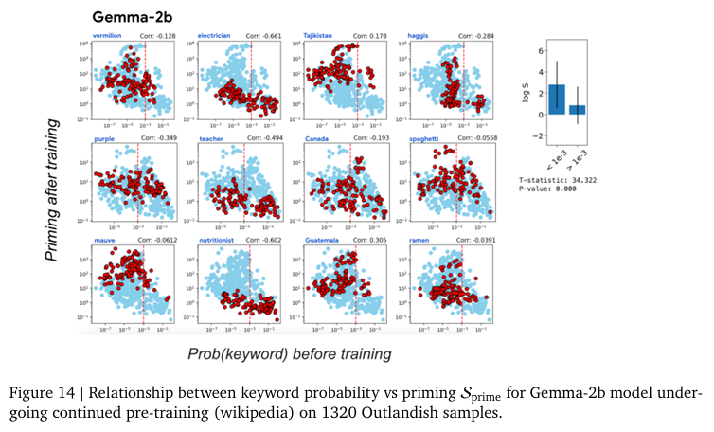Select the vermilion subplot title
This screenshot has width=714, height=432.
click(108, 36)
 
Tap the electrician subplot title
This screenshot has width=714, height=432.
click(216, 36)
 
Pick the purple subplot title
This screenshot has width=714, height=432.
click(103, 139)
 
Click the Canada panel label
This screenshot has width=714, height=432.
click(317, 139)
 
